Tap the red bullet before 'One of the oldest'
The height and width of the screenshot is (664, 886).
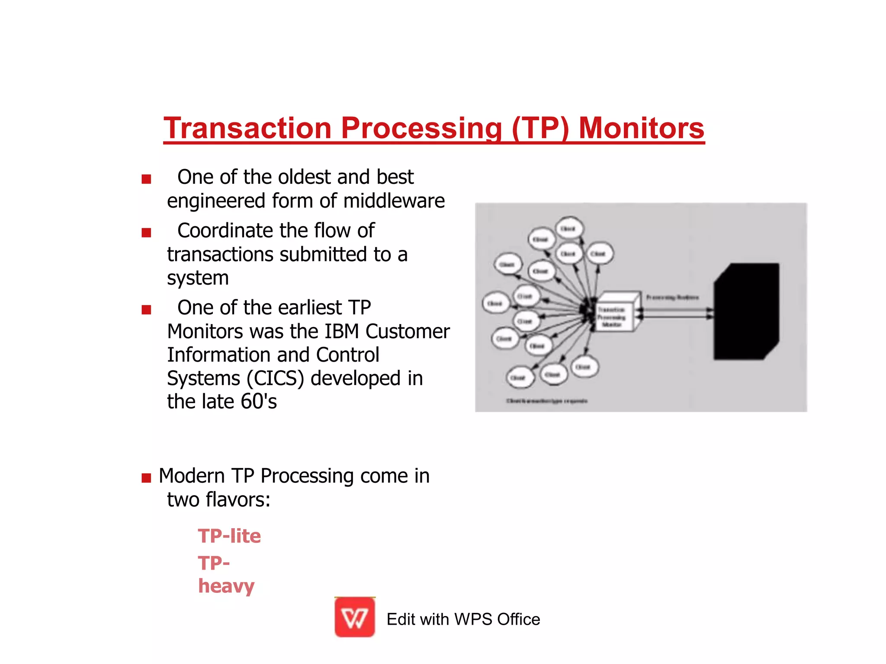pos(146,179)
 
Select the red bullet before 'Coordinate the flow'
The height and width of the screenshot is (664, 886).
pos(146,233)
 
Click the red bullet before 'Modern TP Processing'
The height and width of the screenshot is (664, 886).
pos(146,478)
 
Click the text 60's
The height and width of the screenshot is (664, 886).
pos(259,401)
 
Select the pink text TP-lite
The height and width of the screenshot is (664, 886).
pos(229,536)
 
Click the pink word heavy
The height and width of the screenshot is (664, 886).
pos(226,586)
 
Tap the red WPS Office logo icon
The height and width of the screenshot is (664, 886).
pos(355,617)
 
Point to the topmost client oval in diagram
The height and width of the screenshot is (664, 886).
pos(568,228)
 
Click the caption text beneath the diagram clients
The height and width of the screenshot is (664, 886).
pos(547,401)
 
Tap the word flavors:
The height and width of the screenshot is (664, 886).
pos(238,500)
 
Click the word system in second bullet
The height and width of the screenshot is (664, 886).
pos(198,278)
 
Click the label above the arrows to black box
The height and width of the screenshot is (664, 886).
pos(672,298)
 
